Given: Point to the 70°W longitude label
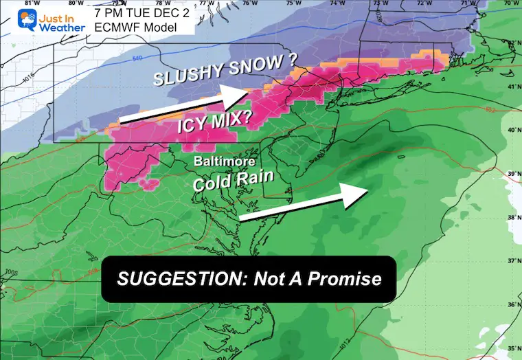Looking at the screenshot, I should pyautogui.click(x=509, y=3).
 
